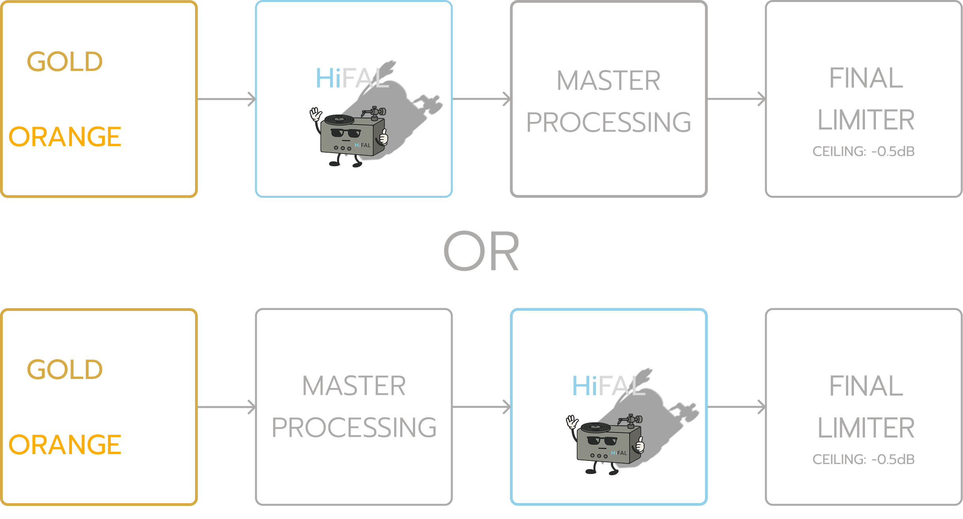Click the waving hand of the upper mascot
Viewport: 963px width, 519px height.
coord(315,115)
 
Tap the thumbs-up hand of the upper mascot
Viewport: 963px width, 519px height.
coord(383,138)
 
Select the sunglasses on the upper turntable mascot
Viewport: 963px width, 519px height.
coord(345,133)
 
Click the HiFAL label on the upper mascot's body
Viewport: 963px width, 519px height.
coord(362,145)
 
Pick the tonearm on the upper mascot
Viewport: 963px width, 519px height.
coord(374,112)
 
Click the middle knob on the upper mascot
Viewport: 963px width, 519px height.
coord(343,148)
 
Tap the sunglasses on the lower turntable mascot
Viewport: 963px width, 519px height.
coord(602,440)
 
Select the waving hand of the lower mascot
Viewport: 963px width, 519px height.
coord(572,422)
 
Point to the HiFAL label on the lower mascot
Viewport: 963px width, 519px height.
coord(619,453)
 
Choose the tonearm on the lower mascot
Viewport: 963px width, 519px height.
coord(630,420)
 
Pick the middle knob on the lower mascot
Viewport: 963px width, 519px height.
coord(599,456)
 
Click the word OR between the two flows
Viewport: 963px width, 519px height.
coord(481,251)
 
